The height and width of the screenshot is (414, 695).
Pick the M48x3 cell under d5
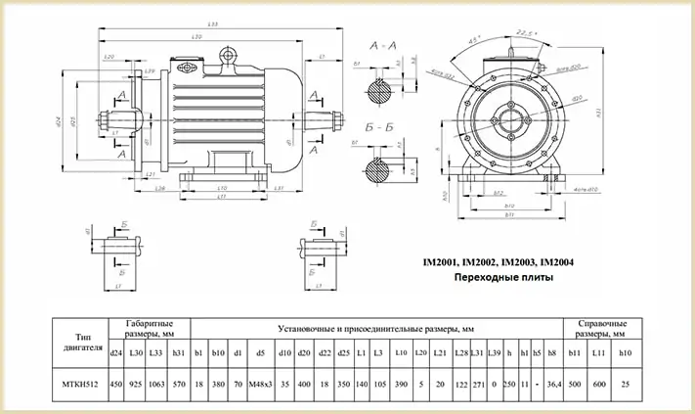(x=259, y=385)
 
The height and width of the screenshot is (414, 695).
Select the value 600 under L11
(x=599, y=385)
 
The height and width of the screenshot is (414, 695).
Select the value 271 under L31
(x=477, y=385)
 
